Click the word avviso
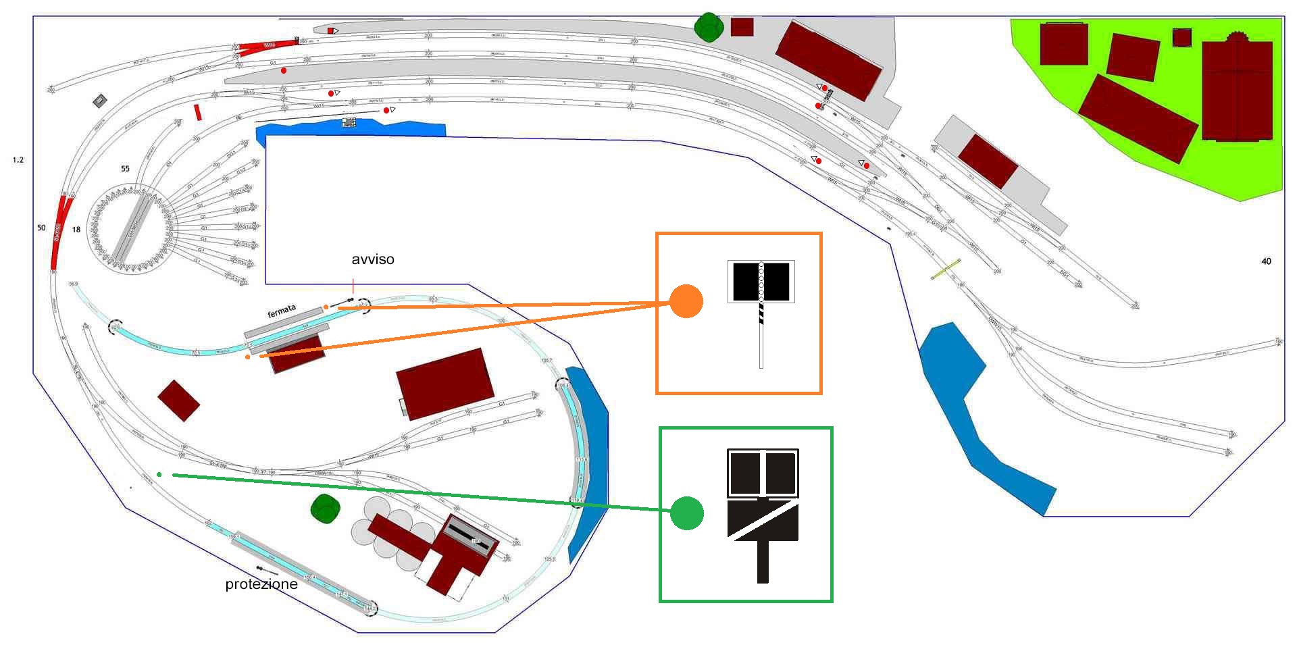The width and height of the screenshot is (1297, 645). [x=372, y=259]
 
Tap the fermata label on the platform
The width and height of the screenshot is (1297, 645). [x=282, y=311]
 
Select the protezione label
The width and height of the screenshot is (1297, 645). [x=261, y=584]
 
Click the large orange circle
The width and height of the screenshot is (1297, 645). [x=686, y=301]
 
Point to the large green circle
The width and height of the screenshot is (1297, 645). [x=687, y=513]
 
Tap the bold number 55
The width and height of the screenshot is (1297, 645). [x=125, y=169]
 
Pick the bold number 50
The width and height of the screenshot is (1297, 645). [x=41, y=228]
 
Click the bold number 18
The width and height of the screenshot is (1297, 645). [x=76, y=230]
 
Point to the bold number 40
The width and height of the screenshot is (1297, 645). [x=1266, y=261]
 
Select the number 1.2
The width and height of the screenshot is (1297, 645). [x=18, y=160]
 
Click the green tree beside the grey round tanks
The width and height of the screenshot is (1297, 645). [x=325, y=509]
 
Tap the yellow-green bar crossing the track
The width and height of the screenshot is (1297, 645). [x=946, y=269]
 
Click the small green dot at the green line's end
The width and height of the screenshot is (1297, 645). [x=159, y=474]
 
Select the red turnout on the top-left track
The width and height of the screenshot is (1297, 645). [x=268, y=46]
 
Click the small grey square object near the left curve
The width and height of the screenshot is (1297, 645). [x=101, y=101]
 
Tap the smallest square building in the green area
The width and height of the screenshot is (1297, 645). [x=1181, y=37]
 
